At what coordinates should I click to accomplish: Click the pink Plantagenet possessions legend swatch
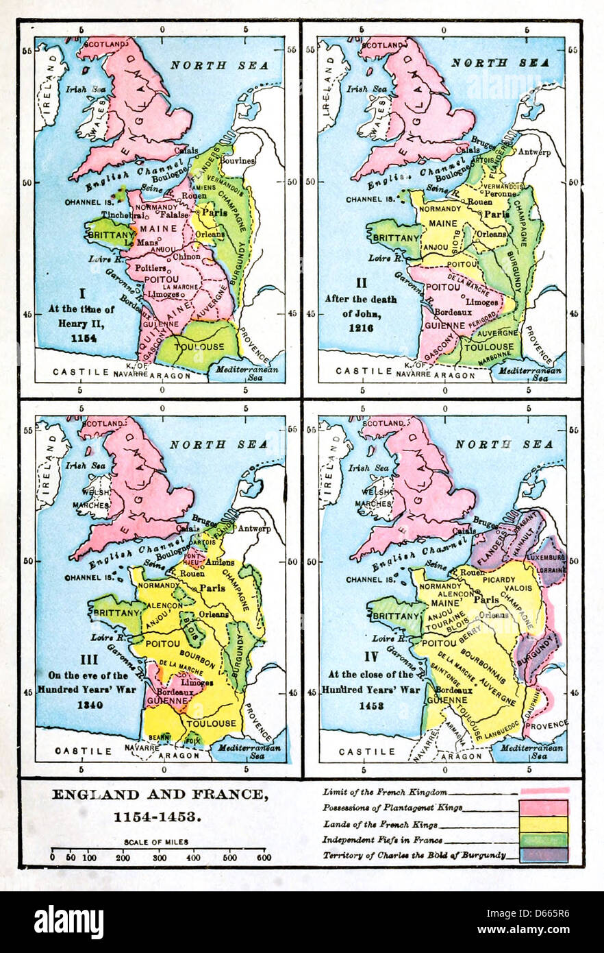[x=544, y=807]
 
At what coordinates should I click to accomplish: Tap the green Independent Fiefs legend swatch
[x=544, y=839]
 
